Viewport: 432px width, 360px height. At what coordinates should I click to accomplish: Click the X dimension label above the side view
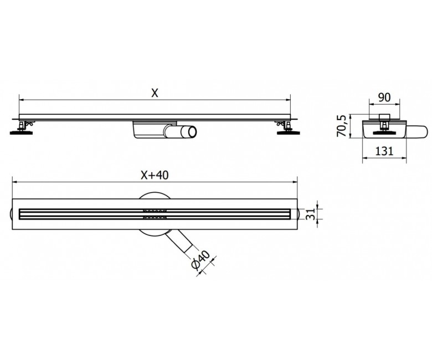tap(155, 94)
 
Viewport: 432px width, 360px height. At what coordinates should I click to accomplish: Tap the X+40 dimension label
tap(155, 175)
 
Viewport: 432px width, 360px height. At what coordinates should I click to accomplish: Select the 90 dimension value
tap(384, 97)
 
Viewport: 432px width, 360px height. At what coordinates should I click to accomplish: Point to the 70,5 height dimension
tap(342, 126)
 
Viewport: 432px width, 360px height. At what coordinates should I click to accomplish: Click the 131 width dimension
tap(384, 151)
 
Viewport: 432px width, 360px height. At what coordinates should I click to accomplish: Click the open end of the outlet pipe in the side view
tap(193, 132)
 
